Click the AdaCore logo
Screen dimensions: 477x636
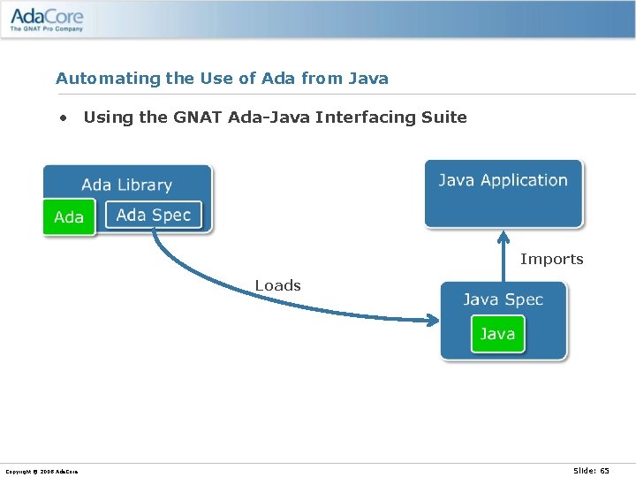point(47,17)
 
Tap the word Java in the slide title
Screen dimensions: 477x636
point(367,79)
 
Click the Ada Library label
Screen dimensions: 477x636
point(126,185)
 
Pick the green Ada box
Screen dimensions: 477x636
point(69,217)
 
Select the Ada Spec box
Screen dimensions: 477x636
point(154,215)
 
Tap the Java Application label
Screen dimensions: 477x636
point(503,180)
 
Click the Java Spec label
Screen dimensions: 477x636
point(503,299)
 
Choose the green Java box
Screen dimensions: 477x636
point(497,334)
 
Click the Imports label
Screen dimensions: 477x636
point(551,259)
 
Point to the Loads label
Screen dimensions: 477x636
point(277,285)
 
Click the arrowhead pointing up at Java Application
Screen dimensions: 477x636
point(503,237)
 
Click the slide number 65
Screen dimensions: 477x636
point(604,471)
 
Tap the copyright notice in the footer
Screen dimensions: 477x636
point(42,472)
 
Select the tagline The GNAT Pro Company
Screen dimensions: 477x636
point(46,29)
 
